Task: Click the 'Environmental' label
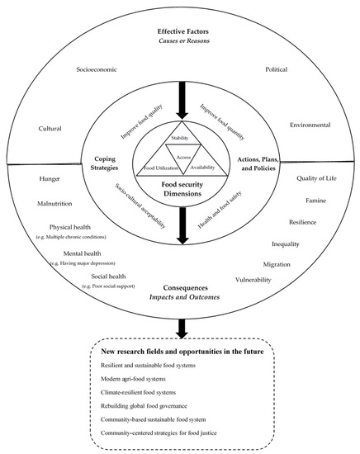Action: click(x=310, y=125)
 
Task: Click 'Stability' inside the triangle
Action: click(x=180, y=138)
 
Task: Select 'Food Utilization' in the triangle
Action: click(x=160, y=168)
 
